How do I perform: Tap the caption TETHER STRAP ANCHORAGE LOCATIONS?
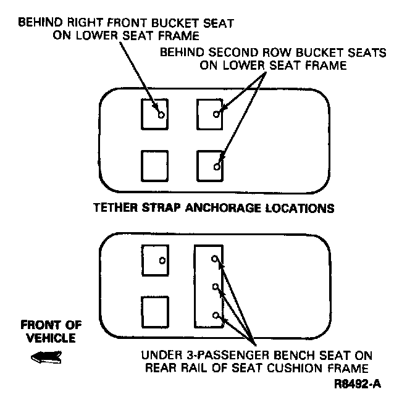(x=213, y=208)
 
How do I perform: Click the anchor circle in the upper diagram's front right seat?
(x=161, y=115)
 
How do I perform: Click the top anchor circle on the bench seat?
(x=215, y=259)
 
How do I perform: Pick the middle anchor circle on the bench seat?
(x=215, y=287)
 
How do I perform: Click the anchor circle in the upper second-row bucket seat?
(x=216, y=114)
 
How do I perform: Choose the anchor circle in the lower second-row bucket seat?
(x=216, y=167)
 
